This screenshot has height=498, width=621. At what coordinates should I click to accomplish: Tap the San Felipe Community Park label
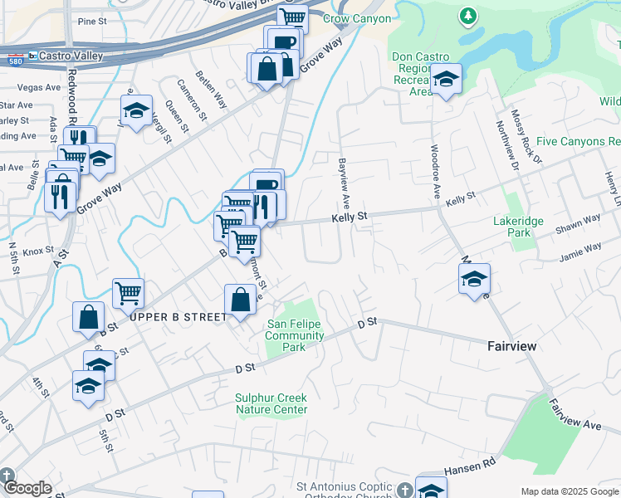pos(295,335)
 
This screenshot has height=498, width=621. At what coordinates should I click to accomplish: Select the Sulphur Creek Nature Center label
pos(271,403)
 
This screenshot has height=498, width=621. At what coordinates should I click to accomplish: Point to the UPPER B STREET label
pos(178,317)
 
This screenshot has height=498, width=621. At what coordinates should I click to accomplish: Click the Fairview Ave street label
pos(575,413)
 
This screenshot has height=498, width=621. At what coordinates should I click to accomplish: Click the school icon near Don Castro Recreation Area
pos(447,79)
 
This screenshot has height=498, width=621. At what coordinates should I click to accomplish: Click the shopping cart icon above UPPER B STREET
pos(128,291)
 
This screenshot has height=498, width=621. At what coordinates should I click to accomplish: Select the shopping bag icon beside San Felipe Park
pos(240,300)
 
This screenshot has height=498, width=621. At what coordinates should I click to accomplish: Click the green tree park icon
pos(468,15)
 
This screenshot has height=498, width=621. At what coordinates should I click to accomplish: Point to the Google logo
pos(27,487)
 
